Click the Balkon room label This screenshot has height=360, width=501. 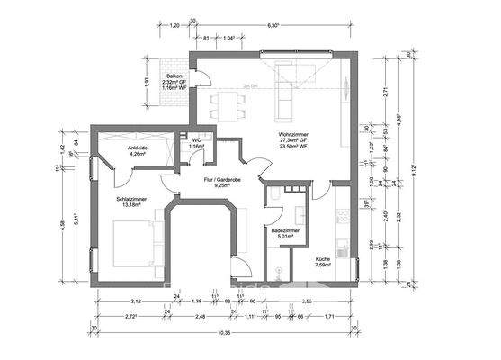pos(174,77)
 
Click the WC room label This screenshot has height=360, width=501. pos(195,139)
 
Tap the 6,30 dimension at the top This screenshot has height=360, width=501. pos(273,25)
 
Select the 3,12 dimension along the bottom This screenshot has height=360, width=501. pos(136,301)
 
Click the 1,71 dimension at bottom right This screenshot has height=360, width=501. pos(330,317)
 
